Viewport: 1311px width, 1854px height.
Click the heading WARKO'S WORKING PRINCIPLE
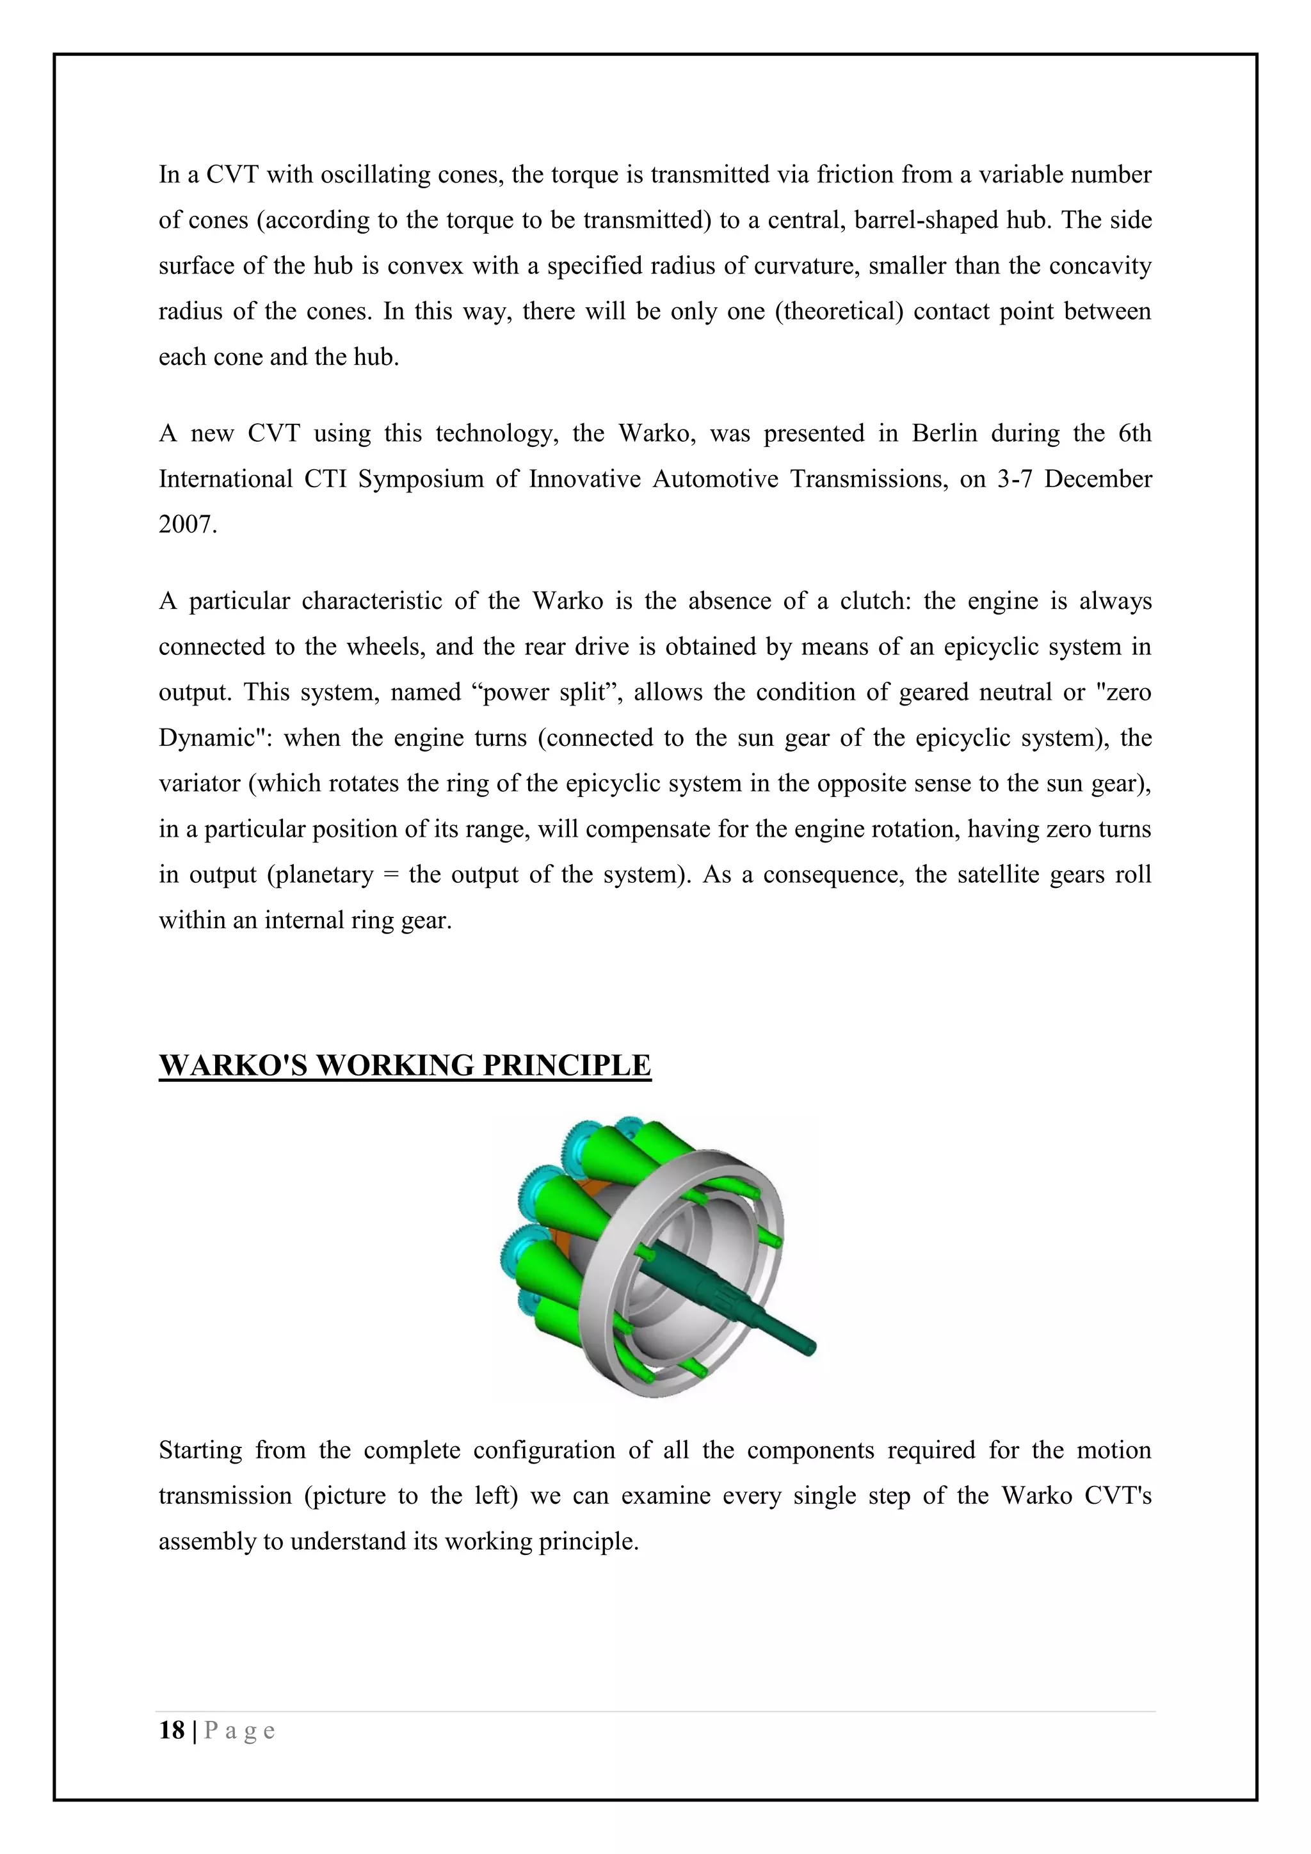[405, 1065]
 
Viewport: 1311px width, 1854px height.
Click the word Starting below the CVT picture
[200, 1450]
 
